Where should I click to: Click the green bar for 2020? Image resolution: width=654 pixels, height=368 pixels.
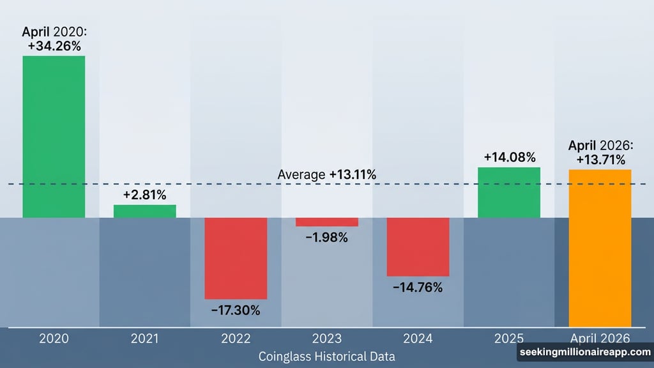tap(54, 137)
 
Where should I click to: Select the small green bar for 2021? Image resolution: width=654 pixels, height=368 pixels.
tap(145, 211)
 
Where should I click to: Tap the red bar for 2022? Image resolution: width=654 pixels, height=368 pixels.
tap(236, 258)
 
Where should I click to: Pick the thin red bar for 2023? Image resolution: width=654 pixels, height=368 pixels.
tap(327, 222)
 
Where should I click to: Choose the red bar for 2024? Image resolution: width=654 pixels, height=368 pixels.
tap(418, 247)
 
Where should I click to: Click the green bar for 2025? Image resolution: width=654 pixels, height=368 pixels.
tap(510, 192)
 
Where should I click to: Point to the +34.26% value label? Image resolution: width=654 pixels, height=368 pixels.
tap(54, 46)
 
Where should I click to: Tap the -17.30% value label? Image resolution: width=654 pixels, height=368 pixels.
tap(236, 310)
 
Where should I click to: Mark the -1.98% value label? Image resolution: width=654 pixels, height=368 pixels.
tap(326, 238)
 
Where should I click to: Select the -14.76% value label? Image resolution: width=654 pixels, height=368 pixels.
tap(418, 287)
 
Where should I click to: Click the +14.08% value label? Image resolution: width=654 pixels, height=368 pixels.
tap(510, 157)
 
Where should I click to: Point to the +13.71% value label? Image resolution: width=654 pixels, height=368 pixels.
tap(600, 160)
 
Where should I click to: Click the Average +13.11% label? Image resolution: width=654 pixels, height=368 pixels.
tap(327, 174)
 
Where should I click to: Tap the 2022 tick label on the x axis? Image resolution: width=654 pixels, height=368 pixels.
tap(236, 338)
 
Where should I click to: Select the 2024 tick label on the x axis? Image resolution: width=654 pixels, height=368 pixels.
tap(418, 338)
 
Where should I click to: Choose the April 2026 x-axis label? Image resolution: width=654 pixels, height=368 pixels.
tap(600, 338)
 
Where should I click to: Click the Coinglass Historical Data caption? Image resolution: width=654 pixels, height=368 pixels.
tap(326, 356)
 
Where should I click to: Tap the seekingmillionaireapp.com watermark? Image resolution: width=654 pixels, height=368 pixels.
tap(584, 353)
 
